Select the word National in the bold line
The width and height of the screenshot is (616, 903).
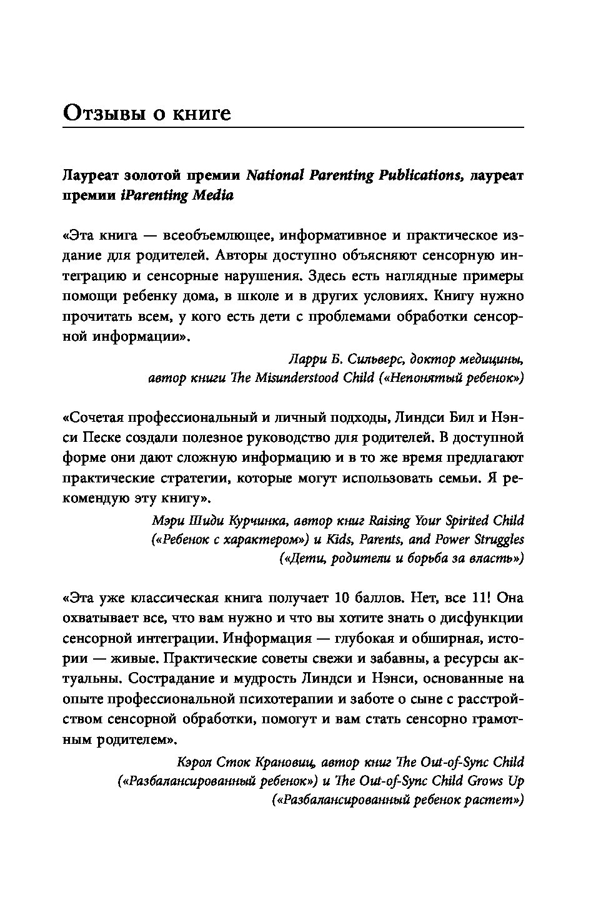tap(275, 175)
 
